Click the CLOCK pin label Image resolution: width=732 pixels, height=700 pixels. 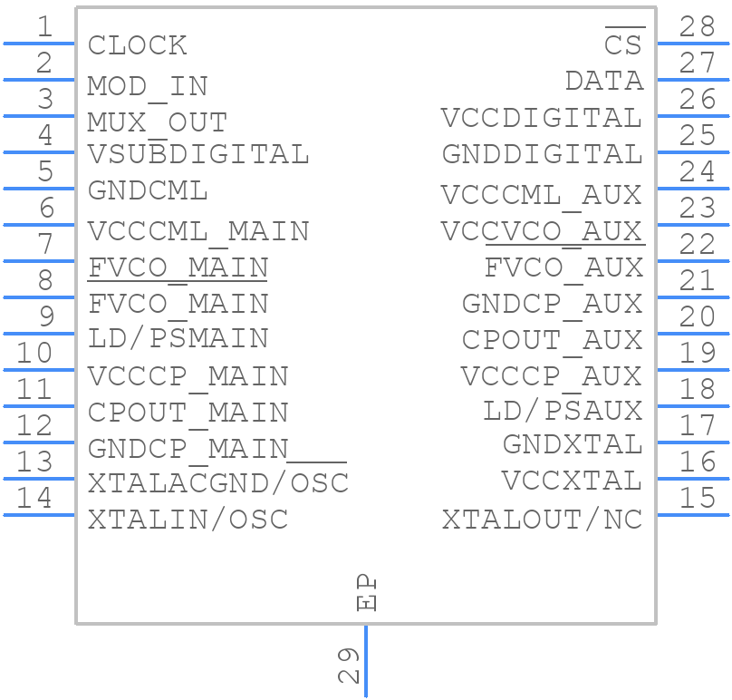coord(138,45)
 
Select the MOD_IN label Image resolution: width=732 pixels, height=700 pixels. coord(148,87)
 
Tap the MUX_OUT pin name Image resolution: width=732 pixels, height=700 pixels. coord(158,123)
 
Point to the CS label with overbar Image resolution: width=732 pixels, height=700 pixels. coord(624,42)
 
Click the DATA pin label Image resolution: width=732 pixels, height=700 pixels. coord(604,81)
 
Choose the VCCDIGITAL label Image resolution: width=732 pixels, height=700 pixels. coord(542,118)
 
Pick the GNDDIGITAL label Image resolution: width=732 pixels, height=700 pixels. coord(542,154)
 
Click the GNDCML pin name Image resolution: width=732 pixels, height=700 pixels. coord(148,190)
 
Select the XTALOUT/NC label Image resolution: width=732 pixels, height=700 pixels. coord(542,520)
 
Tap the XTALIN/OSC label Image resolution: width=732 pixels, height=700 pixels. coord(188,520)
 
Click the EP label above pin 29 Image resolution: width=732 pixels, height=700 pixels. coord(366,593)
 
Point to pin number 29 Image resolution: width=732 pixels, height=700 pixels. coord(348,666)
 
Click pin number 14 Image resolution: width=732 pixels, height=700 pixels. coord(34,498)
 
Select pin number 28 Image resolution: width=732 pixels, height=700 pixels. coord(697,26)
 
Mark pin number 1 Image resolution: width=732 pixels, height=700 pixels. coord(44,26)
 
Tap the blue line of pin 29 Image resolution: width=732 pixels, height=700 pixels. coord(366,661)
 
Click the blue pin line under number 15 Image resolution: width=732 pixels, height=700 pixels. coord(693,515)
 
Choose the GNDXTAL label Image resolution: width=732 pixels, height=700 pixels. coord(573,444)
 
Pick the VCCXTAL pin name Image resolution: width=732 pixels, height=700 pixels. coord(573,481)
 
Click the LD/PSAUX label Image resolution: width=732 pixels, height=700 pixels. coord(563,411)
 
